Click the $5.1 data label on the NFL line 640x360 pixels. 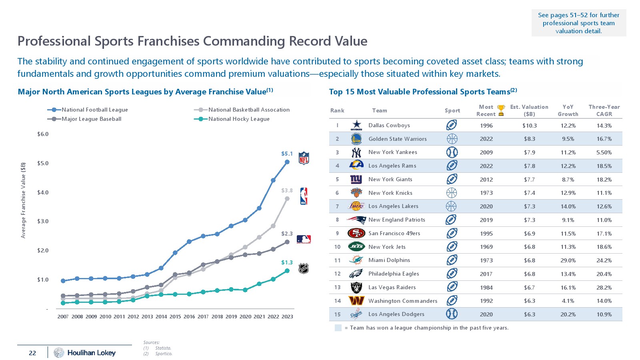(287, 154)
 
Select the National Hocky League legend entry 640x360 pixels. (239, 119)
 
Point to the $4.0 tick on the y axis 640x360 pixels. (43, 192)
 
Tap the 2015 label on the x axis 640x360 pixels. (175, 316)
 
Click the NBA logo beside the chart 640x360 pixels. (304, 196)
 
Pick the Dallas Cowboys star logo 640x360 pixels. (356, 125)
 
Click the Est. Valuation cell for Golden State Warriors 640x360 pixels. (529, 139)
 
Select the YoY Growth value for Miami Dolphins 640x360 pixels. (568, 260)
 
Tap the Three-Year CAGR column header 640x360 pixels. (604, 110)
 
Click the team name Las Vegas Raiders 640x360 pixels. (392, 287)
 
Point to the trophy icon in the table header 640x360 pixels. (501, 110)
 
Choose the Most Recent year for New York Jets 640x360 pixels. (486, 247)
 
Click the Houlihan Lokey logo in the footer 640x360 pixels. (85, 352)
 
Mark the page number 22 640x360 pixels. (32, 353)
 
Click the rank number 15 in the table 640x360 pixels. (337, 314)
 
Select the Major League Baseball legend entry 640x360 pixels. (91, 119)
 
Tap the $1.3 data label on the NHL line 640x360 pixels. (287, 262)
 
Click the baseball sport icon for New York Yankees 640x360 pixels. (452, 152)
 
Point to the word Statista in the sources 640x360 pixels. (163, 348)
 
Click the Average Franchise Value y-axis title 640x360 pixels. (23, 200)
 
